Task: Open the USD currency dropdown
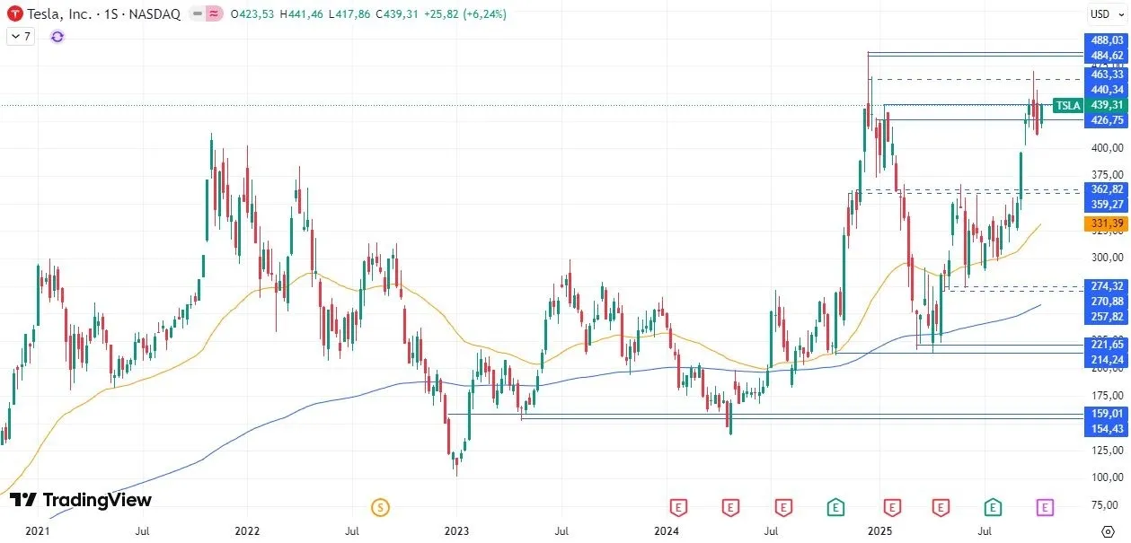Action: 1100,13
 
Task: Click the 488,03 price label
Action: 1106,40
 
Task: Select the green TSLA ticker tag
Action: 1067,106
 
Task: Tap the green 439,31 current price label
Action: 1106,105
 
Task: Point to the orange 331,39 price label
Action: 1106,223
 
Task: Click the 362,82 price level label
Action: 1106,189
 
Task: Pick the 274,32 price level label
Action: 1106,285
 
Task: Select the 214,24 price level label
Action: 1106,360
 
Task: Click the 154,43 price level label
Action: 1106,429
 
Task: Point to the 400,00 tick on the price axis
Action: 1106,147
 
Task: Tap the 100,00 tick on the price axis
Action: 1106,477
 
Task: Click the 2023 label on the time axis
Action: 456,531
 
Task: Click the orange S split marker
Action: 380,508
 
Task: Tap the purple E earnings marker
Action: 1045,508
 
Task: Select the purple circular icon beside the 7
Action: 57,36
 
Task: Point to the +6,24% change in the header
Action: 484,14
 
